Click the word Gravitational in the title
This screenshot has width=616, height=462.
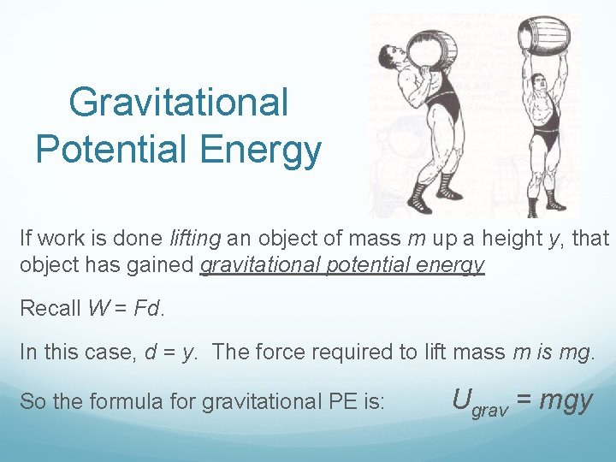click(178, 103)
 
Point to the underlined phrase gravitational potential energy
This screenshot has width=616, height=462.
click(342, 264)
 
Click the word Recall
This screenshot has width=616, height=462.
click(50, 308)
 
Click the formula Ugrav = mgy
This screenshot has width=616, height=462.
click(521, 400)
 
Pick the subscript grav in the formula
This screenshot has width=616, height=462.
click(489, 410)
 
